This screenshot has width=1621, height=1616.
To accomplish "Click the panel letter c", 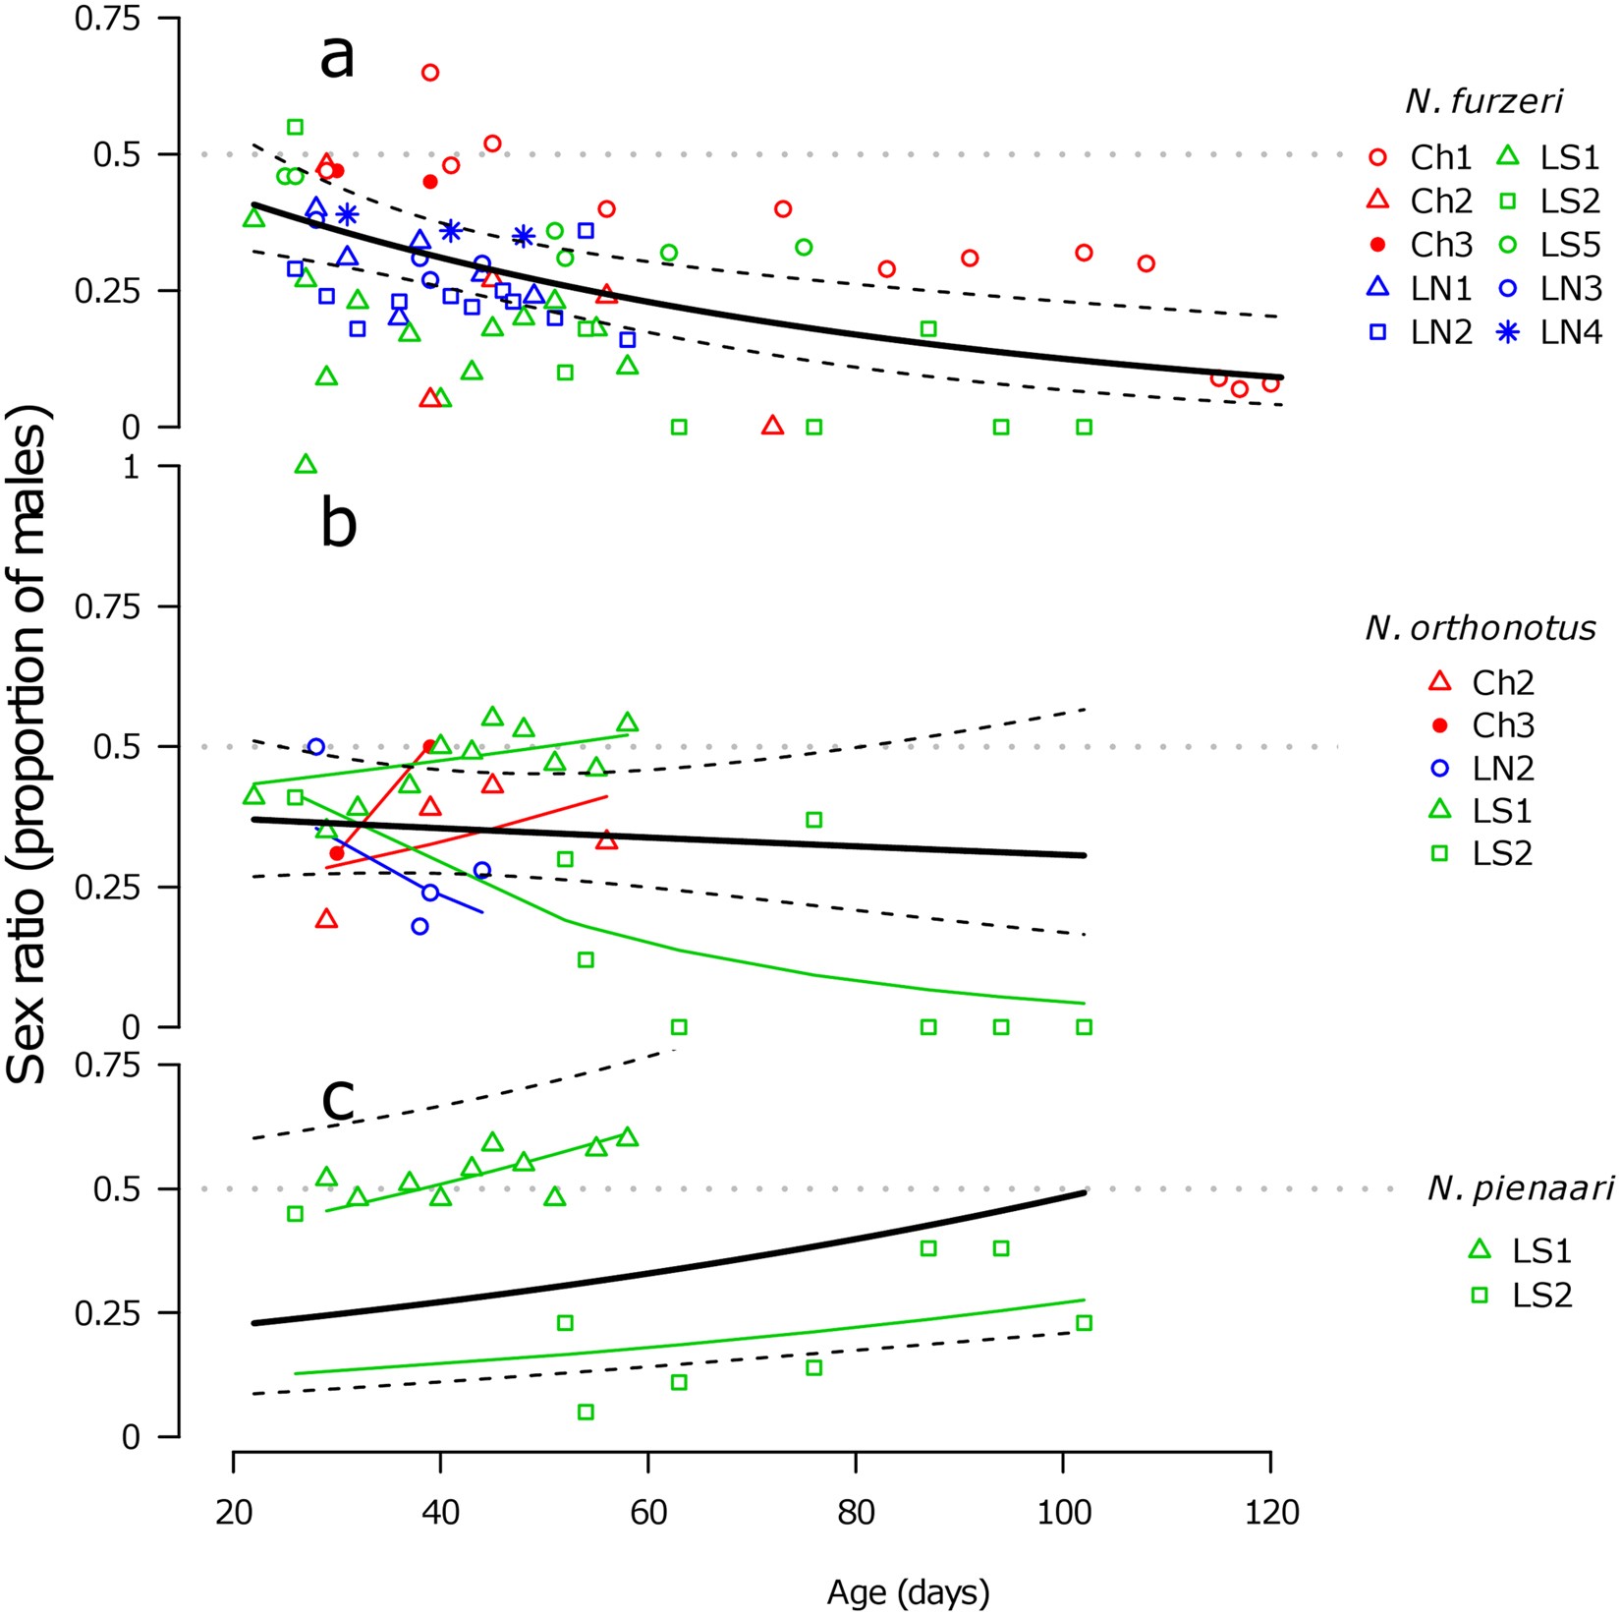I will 338,1098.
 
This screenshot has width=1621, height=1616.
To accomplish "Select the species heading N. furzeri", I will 1483,101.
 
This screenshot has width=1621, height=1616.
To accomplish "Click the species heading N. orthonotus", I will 1481,627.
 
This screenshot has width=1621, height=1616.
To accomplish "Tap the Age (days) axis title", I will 908,1591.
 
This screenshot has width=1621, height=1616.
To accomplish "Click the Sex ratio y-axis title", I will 28,747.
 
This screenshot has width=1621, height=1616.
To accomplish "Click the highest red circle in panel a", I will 430,73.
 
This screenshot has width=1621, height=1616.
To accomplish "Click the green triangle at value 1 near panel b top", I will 306,464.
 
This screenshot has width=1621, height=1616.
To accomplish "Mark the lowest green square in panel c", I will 586,1413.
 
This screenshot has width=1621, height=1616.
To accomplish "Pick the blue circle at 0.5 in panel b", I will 316,747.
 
